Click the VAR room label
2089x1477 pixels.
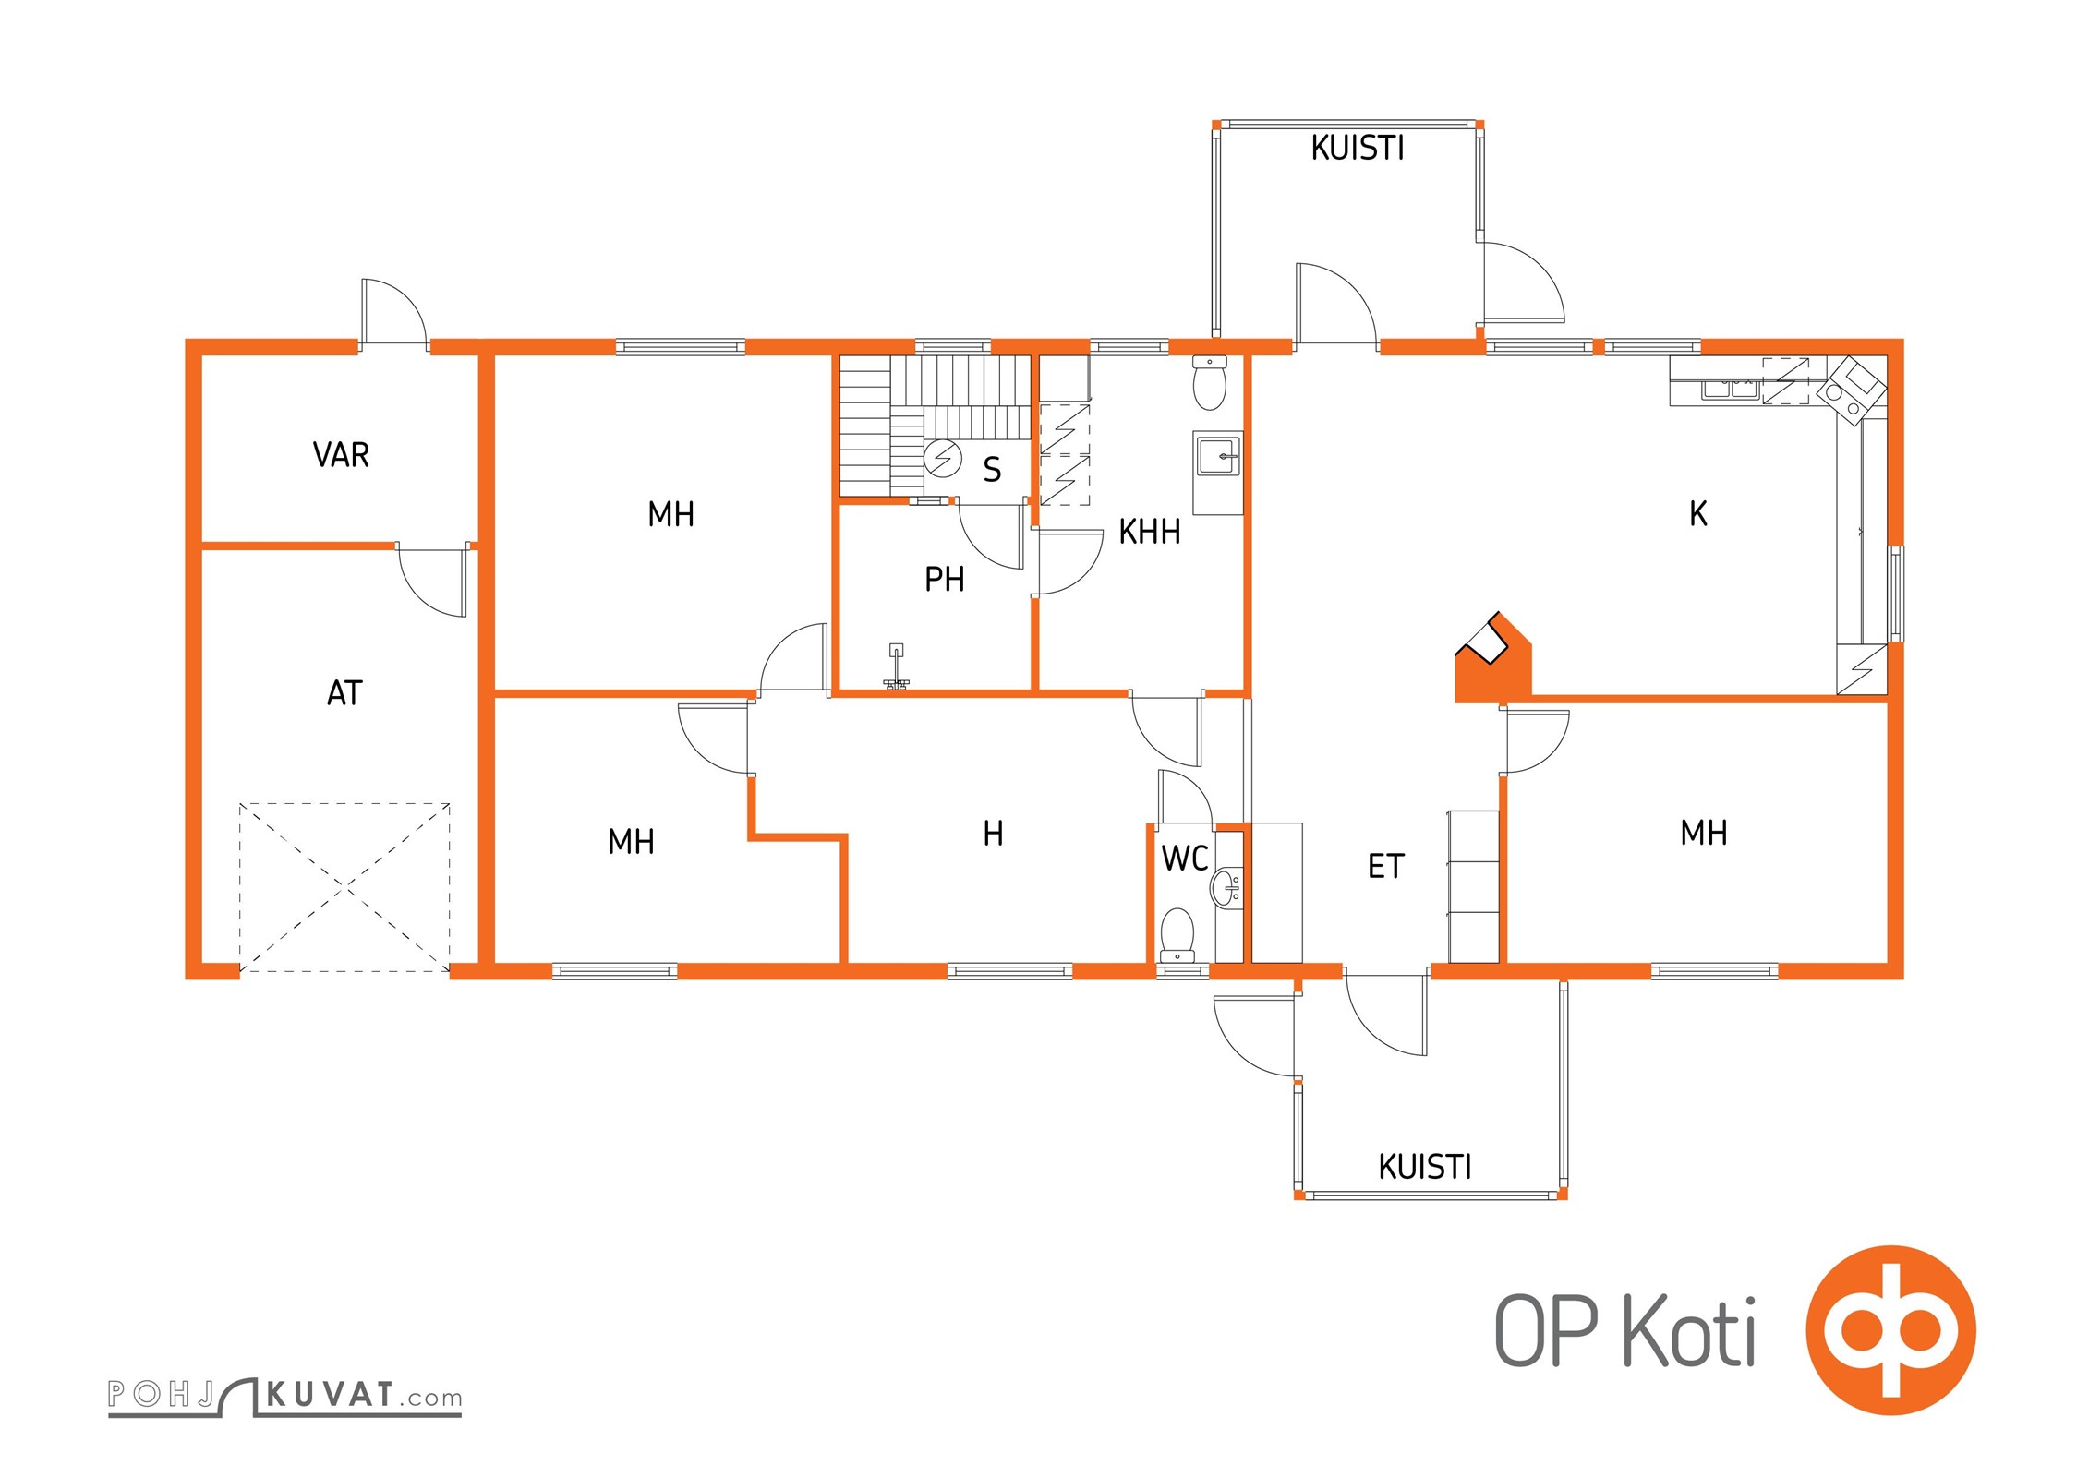click(341, 455)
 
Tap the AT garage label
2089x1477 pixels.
click(344, 693)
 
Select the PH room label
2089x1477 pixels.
click(945, 579)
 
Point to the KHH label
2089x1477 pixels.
click(1150, 532)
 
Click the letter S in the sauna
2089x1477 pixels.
click(992, 470)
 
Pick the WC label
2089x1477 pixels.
click(1185, 859)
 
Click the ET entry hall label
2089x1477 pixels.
click(1386, 867)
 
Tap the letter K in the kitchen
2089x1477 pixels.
click(1698, 514)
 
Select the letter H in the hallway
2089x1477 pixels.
click(993, 834)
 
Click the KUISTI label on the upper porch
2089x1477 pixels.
click(1358, 148)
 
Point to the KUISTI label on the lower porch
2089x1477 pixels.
click(1425, 1167)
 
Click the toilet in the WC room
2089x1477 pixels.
click(1177, 934)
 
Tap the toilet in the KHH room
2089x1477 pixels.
click(1209, 383)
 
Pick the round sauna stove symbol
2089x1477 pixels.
click(943, 459)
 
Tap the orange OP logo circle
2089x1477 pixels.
click(1890, 1330)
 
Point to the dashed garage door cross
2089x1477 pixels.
click(344, 887)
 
